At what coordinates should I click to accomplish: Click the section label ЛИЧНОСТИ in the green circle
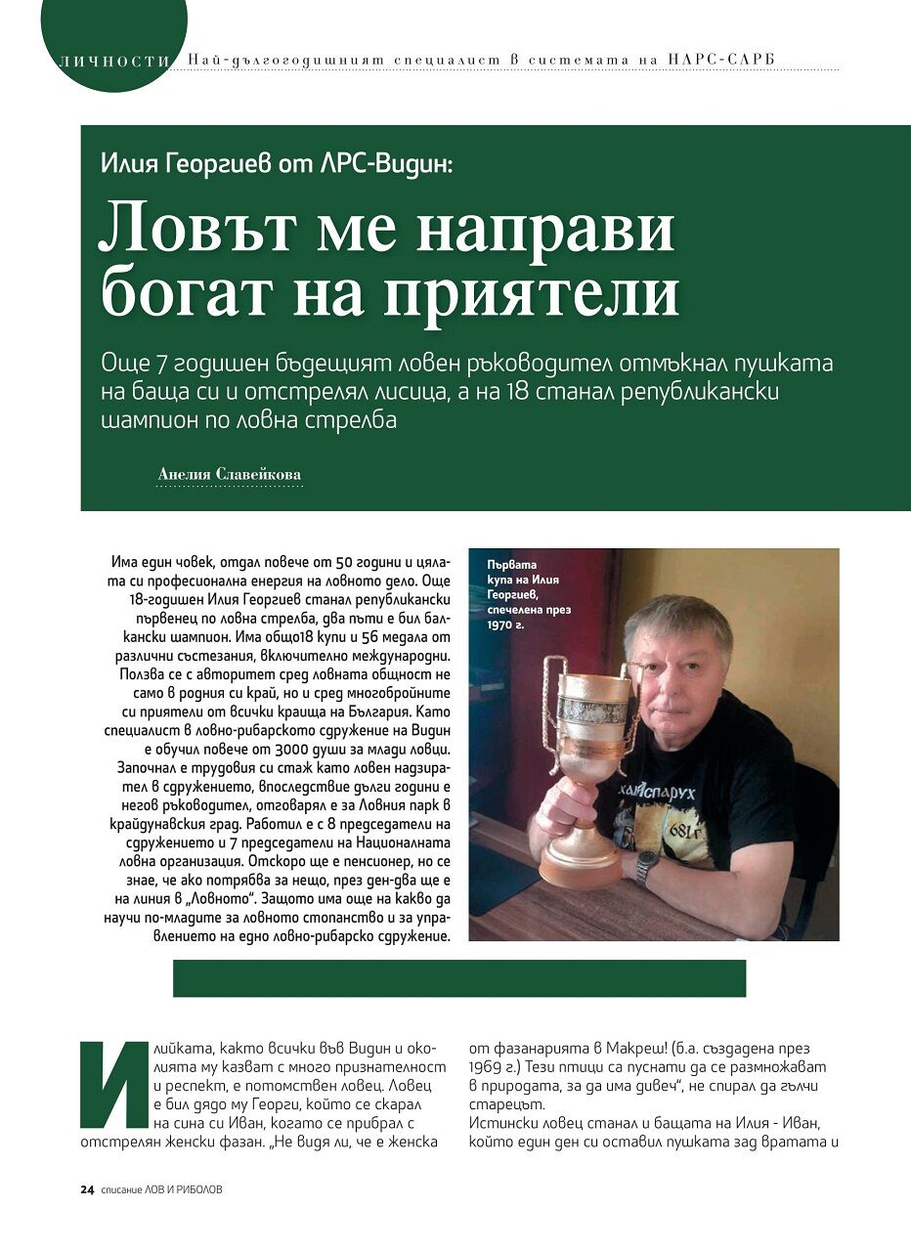point(108,61)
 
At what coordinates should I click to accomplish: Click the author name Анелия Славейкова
point(230,475)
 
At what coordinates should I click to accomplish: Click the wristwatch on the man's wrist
point(647,866)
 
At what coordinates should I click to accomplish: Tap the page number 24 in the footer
point(87,1190)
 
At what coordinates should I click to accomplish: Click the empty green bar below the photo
point(459,978)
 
